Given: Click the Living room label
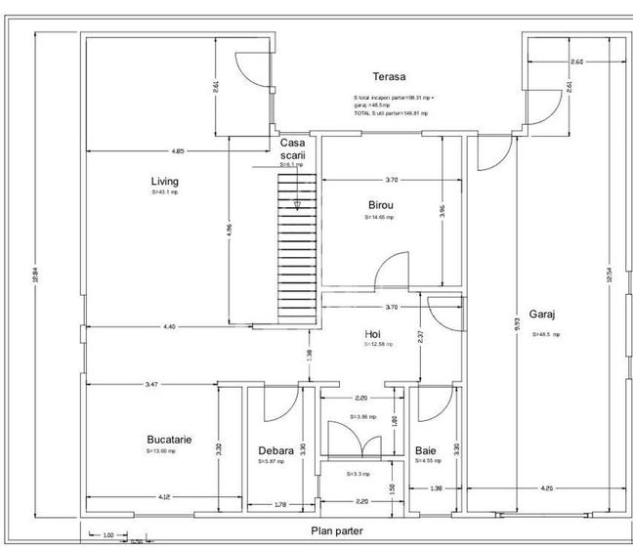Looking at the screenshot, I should coord(164,181).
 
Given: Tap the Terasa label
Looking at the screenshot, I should coord(388,76).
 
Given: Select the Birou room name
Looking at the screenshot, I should coord(380,205).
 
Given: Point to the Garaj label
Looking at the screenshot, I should coord(542,315).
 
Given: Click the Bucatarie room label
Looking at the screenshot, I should coord(169,440).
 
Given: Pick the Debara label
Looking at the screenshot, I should coord(275,450).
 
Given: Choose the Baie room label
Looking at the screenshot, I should coord(426,450).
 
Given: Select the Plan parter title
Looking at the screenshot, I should coord(337,530).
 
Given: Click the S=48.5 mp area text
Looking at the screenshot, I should coord(547,334).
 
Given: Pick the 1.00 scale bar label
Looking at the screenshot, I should coord(108,533).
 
